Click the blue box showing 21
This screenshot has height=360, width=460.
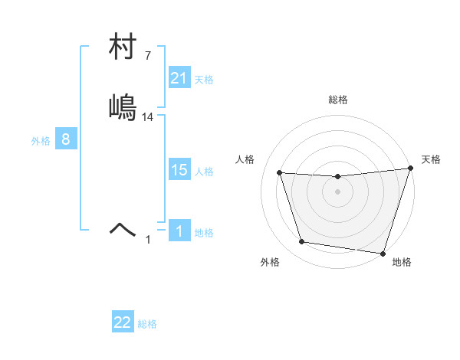(179, 78)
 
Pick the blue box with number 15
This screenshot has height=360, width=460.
(179, 171)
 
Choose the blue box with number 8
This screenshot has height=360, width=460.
(66, 139)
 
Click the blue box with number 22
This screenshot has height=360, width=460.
(123, 322)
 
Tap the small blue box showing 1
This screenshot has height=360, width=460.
(179, 231)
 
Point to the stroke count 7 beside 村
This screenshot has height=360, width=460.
(148, 56)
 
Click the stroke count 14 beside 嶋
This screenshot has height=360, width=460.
(149, 117)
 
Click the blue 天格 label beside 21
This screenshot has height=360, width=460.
(204, 80)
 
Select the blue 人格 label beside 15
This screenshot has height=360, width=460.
(204, 172)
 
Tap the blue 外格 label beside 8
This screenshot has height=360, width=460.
(41, 141)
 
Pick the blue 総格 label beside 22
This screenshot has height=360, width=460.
(147, 324)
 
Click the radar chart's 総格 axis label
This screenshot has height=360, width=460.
(338, 100)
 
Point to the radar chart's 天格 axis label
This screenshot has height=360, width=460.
(431, 159)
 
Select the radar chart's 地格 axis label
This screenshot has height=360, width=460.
(402, 262)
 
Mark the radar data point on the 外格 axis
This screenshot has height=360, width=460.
(302, 242)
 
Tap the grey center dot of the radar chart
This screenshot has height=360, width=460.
(338, 191)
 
